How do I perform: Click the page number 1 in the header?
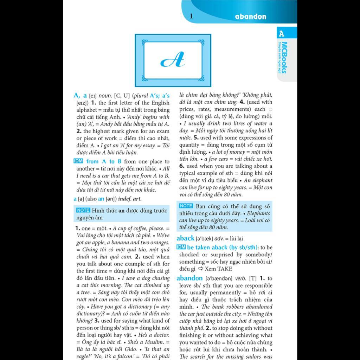tap(191, 16)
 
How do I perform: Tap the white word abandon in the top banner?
tap(251, 17)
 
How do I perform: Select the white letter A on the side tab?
tap(281, 34)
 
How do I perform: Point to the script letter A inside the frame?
tap(173, 60)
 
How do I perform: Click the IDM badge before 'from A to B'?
tap(78, 161)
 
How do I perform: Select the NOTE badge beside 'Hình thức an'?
tap(83, 210)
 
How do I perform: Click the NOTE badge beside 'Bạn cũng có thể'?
tap(186, 206)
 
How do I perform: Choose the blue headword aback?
tap(185, 238)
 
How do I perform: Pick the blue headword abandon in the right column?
tap(189, 278)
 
